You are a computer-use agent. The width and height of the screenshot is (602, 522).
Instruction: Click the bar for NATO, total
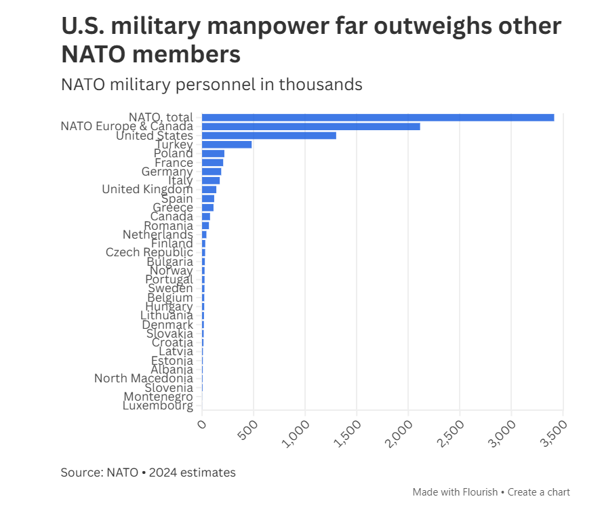coord(378,117)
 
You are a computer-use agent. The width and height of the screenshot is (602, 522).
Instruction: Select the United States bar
coord(269,136)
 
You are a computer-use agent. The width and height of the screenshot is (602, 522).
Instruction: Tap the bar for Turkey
coord(226,144)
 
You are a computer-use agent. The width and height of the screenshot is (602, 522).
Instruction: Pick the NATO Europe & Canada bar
coord(310,126)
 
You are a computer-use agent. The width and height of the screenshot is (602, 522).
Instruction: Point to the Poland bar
coord(213,154)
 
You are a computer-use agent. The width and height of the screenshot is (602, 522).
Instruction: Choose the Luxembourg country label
coord(157,406)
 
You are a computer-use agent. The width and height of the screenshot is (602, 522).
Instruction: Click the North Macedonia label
coord(143,378)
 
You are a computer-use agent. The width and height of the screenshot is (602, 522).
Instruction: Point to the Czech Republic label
coord(149,252)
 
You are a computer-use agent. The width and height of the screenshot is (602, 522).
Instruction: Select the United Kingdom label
coord(147,189)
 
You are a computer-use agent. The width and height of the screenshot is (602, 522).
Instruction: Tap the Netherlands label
coord(157,235)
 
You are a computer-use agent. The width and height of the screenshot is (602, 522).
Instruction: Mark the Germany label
coord(167,172)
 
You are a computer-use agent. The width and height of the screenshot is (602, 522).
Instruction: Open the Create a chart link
coord(539,492)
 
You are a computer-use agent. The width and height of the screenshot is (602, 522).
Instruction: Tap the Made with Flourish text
coord(455,492)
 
